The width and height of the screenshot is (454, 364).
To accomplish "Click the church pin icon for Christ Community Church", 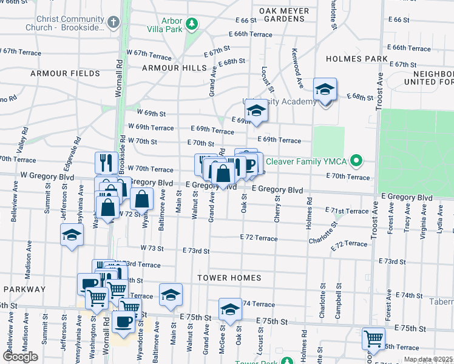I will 113,22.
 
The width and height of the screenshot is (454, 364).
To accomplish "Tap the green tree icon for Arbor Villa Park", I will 192,24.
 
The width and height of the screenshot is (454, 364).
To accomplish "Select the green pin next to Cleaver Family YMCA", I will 356,161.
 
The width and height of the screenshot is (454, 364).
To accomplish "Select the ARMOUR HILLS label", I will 170,68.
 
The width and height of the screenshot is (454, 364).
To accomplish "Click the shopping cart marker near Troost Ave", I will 373,339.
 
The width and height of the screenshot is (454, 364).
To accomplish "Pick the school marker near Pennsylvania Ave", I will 72,235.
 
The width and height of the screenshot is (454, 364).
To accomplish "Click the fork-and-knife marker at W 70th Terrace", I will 106,162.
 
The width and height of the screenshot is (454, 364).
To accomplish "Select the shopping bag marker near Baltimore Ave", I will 142,198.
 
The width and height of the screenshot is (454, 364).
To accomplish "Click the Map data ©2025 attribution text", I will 427,360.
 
